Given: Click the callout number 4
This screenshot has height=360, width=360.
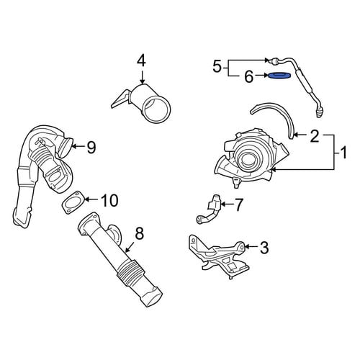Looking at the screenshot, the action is click(x=141, y=60).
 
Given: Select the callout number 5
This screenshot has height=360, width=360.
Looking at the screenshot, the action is click(x=217, y=66).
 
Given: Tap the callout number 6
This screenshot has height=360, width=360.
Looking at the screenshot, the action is click(x=248, y=76).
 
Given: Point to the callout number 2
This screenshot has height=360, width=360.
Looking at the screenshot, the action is click(x=315, y=136).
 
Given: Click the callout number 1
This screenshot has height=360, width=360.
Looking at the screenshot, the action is click(x=343, y=153).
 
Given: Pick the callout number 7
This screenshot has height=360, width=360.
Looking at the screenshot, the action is click(x=238, y=204).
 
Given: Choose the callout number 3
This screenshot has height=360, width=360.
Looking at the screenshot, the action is click(x=264, y=248).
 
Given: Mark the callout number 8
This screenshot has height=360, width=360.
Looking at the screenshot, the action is click(x=139, y=233).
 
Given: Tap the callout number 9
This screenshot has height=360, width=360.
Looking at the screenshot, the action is click(x=91, y=147).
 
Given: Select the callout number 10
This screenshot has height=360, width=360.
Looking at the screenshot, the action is click(x=109, y=201).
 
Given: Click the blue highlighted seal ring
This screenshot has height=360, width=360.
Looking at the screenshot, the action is click(x=279, y=76).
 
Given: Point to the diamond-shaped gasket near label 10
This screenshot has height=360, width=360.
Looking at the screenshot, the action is click(x=73, y=202).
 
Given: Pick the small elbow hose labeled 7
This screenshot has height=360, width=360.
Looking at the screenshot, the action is click(x=211, y=210).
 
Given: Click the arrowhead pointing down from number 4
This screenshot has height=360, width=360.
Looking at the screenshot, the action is click(x=143, y=81).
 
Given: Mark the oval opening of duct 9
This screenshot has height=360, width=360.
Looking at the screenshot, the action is click(x=65, y=149).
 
